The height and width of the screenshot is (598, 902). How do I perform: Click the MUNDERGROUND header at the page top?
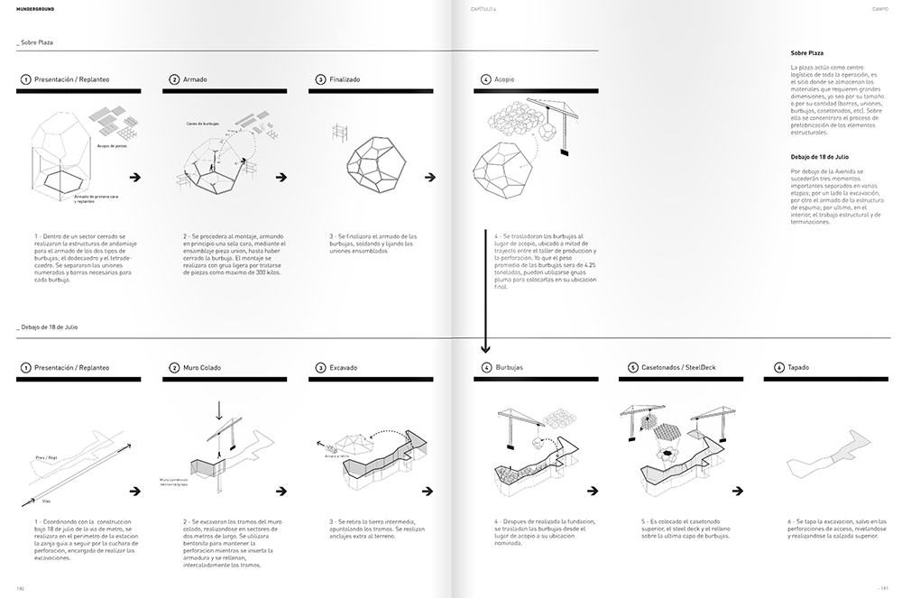tap(29, 11)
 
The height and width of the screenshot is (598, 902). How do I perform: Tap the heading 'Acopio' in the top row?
tap(505, 79)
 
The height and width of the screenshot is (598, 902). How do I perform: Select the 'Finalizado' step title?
tap(345, 79)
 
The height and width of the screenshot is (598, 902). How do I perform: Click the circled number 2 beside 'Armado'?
tap(175, 79)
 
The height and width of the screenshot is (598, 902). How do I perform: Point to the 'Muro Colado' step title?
tap(202, 368)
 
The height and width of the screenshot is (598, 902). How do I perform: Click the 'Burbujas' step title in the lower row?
tap(509, 368)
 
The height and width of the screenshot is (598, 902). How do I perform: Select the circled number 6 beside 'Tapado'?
tap(779, 368)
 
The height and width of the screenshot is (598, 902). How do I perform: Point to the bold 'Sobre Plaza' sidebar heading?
tap(806, 53)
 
